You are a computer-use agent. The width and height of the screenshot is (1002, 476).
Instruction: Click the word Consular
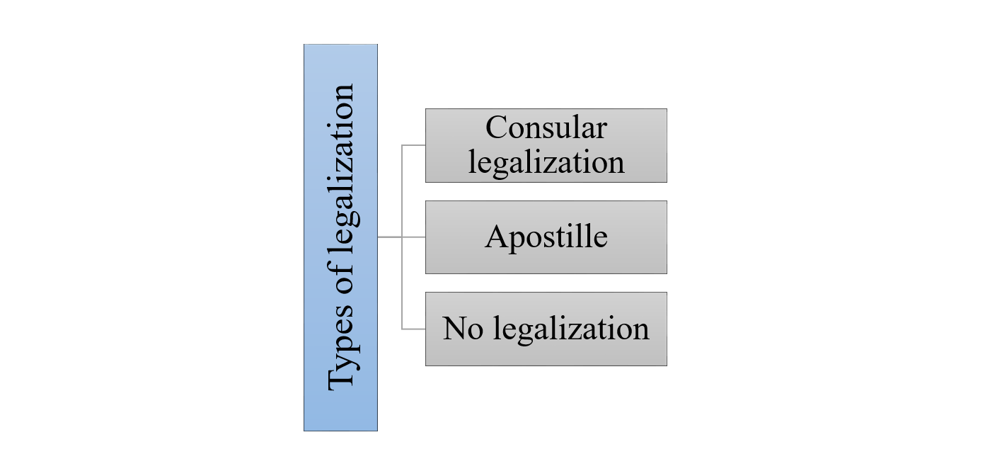pyautogui.click(x=546, y=128)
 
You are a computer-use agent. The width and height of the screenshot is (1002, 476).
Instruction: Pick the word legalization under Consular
pyautogui.click(x=546, y=162)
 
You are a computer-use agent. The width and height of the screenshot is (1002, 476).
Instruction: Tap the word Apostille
pyautogui.click(x=546, y=237)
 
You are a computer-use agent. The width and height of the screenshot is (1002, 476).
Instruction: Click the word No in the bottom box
pyautogui.click(x=461, y=329)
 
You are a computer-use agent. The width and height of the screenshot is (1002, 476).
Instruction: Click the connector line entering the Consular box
pyautogui.click(x=415, y=145)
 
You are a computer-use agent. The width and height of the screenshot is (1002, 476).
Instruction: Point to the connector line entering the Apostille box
pyautogui.click(x=415, y=237)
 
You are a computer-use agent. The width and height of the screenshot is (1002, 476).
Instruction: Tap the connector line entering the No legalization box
pyautogui.click(x=415, y=329)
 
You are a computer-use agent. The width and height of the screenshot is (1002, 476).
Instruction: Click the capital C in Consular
pyautogui.click(x=497, y=128)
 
